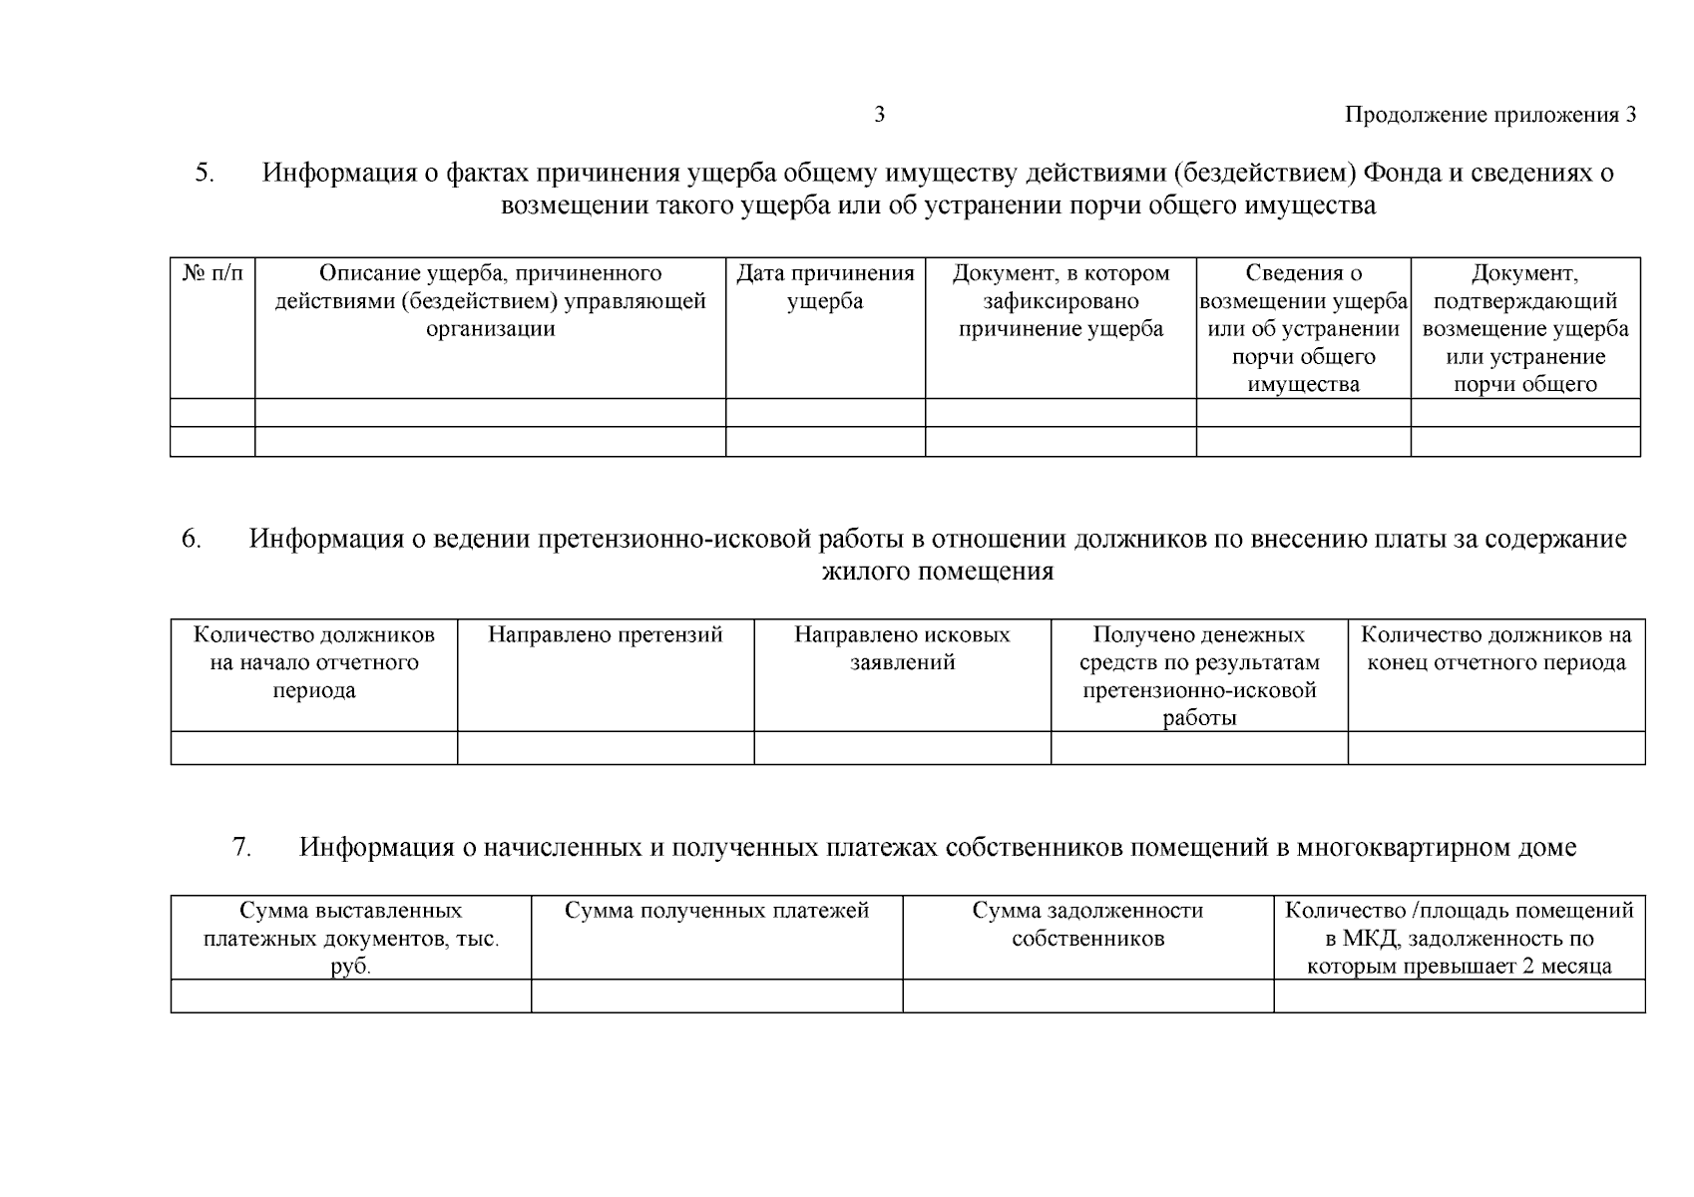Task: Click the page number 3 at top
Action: tap(879, 115)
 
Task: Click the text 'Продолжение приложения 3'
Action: tap(1490, 115)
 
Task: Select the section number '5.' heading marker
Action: tap(205, 173)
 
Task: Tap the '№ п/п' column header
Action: tap(212, 273)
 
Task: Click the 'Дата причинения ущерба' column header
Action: tap(825, 287)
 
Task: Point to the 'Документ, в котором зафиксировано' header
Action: tap(1060, 301)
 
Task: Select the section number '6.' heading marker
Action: tap(192, 539)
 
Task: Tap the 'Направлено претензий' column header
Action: tap(605, 635)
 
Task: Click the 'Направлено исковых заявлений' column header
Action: tap(902, 648)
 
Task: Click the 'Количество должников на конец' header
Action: tap(1495, 648)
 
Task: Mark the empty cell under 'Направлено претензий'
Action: tap(605, 748)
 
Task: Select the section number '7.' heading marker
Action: tap(241, 847)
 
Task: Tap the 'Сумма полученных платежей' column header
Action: tap(716, 911)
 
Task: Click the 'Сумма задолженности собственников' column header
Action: tap(1087, 924)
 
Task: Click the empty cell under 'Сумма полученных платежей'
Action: tap(716, 996)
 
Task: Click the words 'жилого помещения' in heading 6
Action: tap(937, 572)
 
